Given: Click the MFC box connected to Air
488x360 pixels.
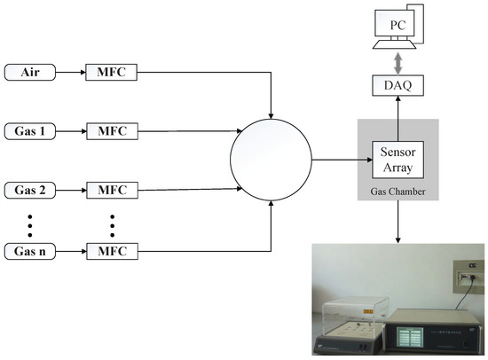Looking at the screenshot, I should (111, 69).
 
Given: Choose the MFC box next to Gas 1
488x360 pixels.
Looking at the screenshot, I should (111, 131).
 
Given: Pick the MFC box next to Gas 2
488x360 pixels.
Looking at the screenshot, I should (111, 190).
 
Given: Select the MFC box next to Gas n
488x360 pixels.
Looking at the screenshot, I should (111, 250).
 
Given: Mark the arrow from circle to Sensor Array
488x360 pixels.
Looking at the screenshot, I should (337, 160).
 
